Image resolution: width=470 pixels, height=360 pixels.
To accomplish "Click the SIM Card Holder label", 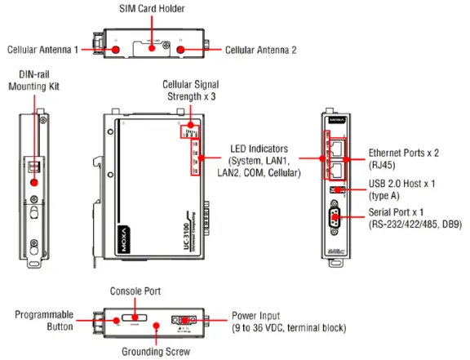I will coord(153,8).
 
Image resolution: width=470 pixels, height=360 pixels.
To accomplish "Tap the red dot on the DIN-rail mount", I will coord(34,180).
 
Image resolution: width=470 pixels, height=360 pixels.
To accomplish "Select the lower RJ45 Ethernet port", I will coord(338,171).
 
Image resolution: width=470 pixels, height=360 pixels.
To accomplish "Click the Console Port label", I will coord(135,291).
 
